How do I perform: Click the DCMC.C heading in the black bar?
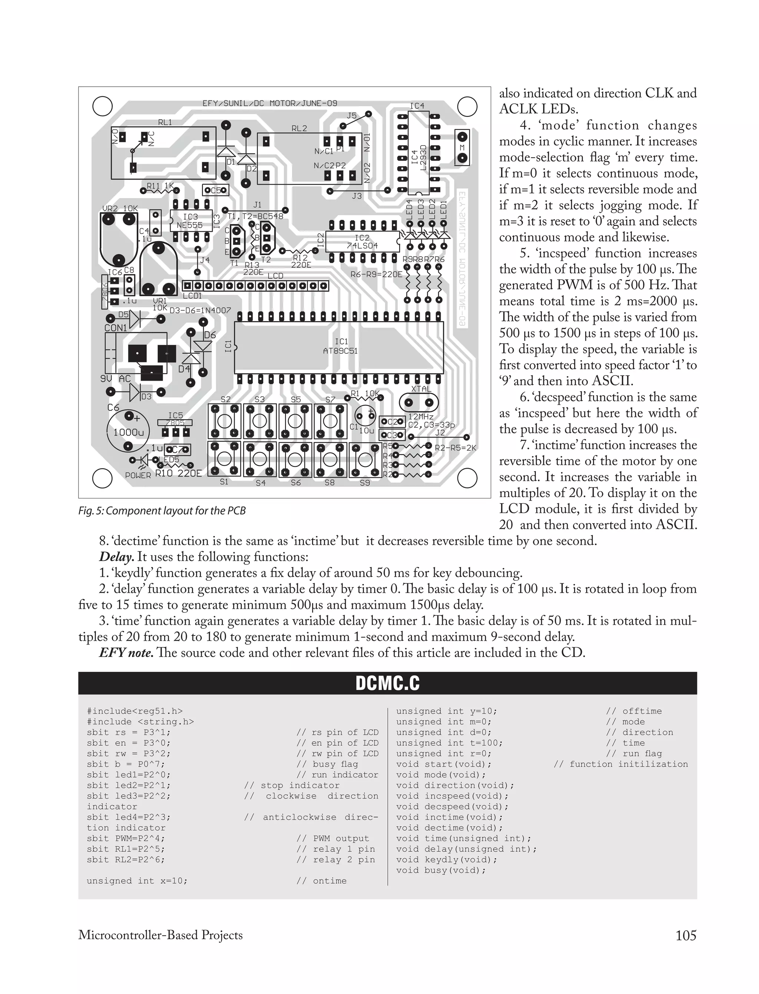387,683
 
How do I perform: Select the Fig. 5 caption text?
162,511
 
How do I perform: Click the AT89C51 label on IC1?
340,351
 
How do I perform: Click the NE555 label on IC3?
189,225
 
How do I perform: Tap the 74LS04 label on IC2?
362,246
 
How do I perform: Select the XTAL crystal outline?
418,402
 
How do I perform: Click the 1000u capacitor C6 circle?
128,431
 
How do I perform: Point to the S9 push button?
364,460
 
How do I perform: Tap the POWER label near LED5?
138,475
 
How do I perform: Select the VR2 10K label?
120,209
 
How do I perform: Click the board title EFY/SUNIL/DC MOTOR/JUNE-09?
269,103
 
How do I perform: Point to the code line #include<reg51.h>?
135,711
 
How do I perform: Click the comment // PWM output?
332,838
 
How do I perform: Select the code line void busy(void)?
441,870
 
